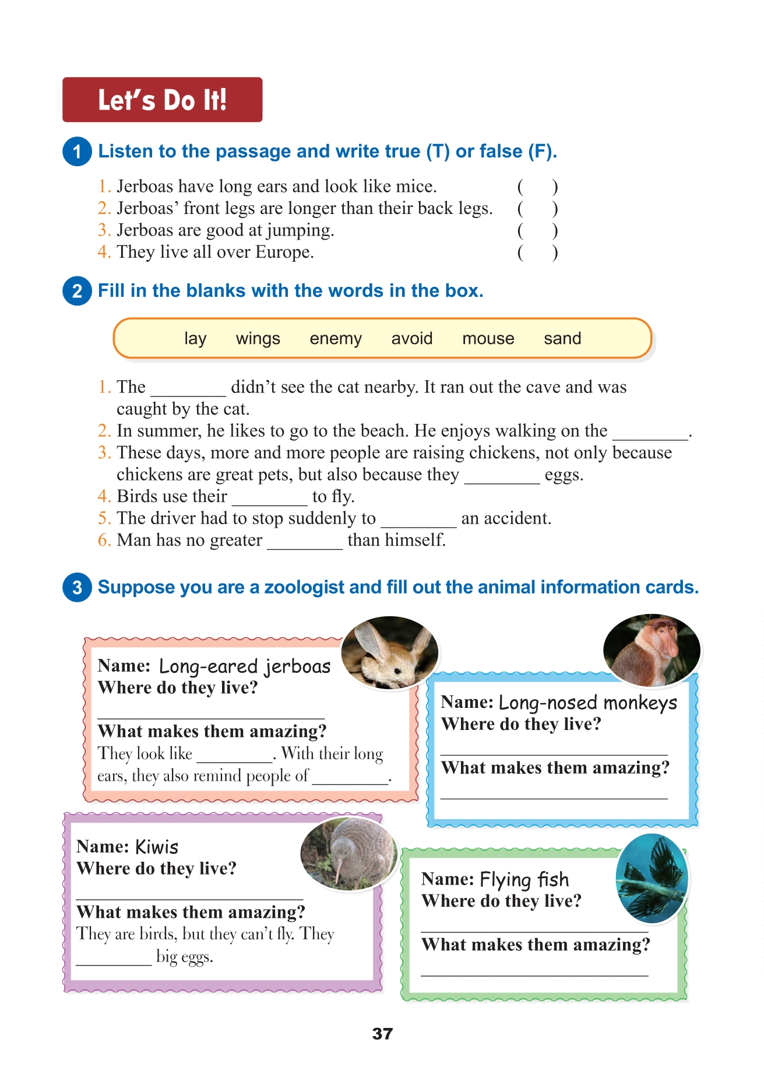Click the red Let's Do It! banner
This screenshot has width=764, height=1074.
(162, 100)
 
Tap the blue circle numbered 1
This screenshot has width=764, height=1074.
(77, 152)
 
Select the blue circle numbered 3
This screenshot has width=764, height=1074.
(77, 587)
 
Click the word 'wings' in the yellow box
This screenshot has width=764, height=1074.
(258, 339)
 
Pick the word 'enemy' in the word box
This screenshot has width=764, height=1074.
(336, 339)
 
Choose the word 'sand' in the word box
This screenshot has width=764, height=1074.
(562, 339)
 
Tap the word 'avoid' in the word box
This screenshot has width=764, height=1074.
(412, 339)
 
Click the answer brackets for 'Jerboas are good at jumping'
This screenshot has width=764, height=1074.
(537, 230)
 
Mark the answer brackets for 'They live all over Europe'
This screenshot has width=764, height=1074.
(537, 252)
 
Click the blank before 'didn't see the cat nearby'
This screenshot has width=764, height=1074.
(188, 389)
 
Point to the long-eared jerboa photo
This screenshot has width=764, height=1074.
(389, 653)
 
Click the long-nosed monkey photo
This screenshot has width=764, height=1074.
(652, 650)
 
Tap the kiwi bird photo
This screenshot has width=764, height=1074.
(349, 854)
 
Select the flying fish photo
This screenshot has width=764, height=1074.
(652, 878)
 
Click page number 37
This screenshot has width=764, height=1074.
(382, 1034)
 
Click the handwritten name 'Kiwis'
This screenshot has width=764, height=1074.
(157, 847)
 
